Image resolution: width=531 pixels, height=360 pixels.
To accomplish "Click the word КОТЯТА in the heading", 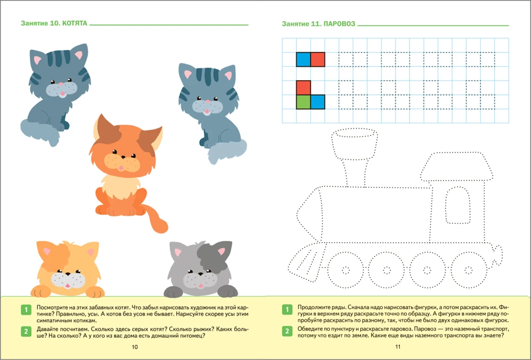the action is pos(75,23).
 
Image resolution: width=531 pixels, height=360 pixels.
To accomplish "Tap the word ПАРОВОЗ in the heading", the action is pos(339,24).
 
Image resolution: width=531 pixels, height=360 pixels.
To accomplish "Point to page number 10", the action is pos(135,347).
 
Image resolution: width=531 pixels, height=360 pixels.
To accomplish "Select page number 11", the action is pos(398,346).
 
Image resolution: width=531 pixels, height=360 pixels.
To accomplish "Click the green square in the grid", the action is pos(303,102).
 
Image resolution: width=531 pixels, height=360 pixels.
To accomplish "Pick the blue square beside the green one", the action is pos(318,102).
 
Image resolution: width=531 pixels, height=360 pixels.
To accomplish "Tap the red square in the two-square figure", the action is pos(318,59).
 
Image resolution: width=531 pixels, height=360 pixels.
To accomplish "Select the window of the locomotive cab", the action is pos(458,205).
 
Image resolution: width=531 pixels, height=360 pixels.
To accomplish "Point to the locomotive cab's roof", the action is pos(457,166).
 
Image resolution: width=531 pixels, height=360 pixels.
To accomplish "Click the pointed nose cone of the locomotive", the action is pos(309,215).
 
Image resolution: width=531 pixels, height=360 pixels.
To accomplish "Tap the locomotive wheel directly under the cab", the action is pos(468,270).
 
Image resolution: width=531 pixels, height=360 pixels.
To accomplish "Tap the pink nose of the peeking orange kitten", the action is pos(68,285).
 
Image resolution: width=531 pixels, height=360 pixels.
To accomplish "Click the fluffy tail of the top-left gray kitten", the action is pos(40,131).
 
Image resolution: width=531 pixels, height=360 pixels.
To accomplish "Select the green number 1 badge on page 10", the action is pos(26,310).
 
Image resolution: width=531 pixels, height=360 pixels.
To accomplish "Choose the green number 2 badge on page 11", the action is pos(287,331).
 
